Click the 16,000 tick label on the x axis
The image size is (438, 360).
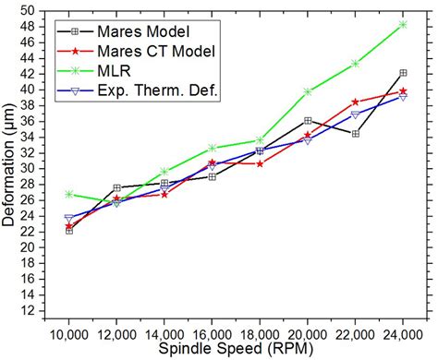coord(213,337)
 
